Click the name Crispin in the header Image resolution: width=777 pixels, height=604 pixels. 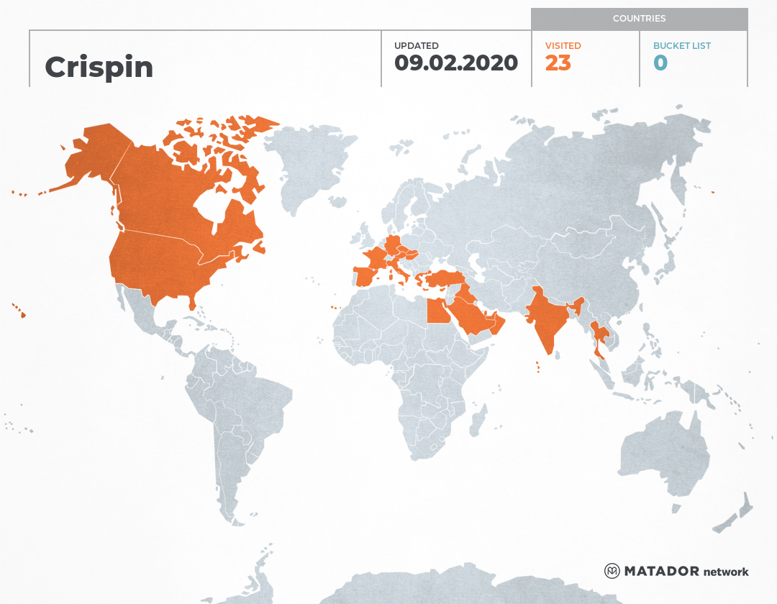(x=99, y=67)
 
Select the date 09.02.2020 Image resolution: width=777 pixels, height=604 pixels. (x=456, y=63)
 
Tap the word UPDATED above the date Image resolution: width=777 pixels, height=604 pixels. (x=416, y=45)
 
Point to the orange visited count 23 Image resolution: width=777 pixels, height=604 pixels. (x=558, y=63)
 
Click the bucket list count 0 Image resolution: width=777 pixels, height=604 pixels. (x=660, y=63)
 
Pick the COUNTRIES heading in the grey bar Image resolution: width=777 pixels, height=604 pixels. (x=639, y=19)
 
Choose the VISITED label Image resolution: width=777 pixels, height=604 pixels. (x=563, y=45)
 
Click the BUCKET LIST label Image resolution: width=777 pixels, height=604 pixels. (x=681, y=45)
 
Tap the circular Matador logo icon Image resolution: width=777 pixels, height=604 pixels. (x=612, y=571)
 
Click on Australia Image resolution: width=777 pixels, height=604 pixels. (x=662, y=453)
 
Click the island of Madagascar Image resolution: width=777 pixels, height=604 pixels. (x=476, y=421)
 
